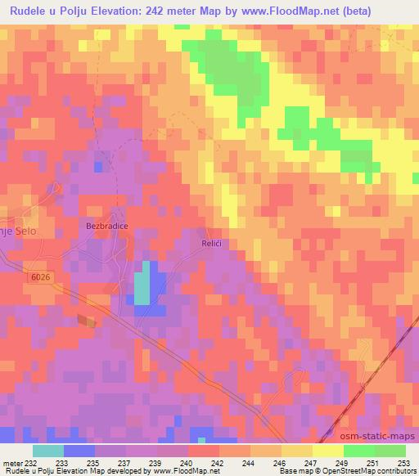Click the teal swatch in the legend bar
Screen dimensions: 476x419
tap(47, 451)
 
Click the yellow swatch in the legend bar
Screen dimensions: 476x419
tap(327, 451)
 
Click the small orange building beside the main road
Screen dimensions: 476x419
tap(86, 321)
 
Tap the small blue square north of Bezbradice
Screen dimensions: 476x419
tap(98, 166)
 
